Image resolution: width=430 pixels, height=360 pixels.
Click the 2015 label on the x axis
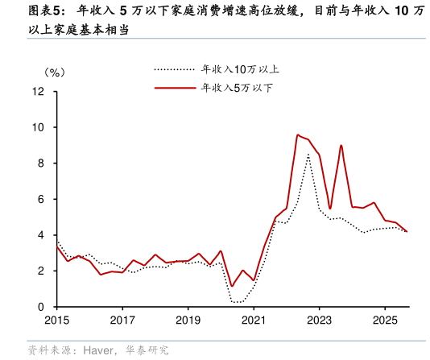pos(56,320)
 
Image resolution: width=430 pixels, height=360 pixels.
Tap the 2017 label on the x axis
pos(122,320)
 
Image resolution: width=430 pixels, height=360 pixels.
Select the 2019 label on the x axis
pos(188,320)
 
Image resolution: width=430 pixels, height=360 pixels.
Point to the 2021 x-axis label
pos(253,320)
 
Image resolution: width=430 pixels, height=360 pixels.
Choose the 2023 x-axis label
pos(319,320)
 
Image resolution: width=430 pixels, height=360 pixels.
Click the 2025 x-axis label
pos(384,320)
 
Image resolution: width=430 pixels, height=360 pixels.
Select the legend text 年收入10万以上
pos(240,69)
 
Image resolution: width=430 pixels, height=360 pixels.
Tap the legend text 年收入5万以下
pos(237,87)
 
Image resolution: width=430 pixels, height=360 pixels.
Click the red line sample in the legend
pos(174,87)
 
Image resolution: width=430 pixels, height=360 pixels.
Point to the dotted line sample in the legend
pos(174,69)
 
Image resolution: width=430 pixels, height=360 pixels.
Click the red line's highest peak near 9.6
pos(298,135)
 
